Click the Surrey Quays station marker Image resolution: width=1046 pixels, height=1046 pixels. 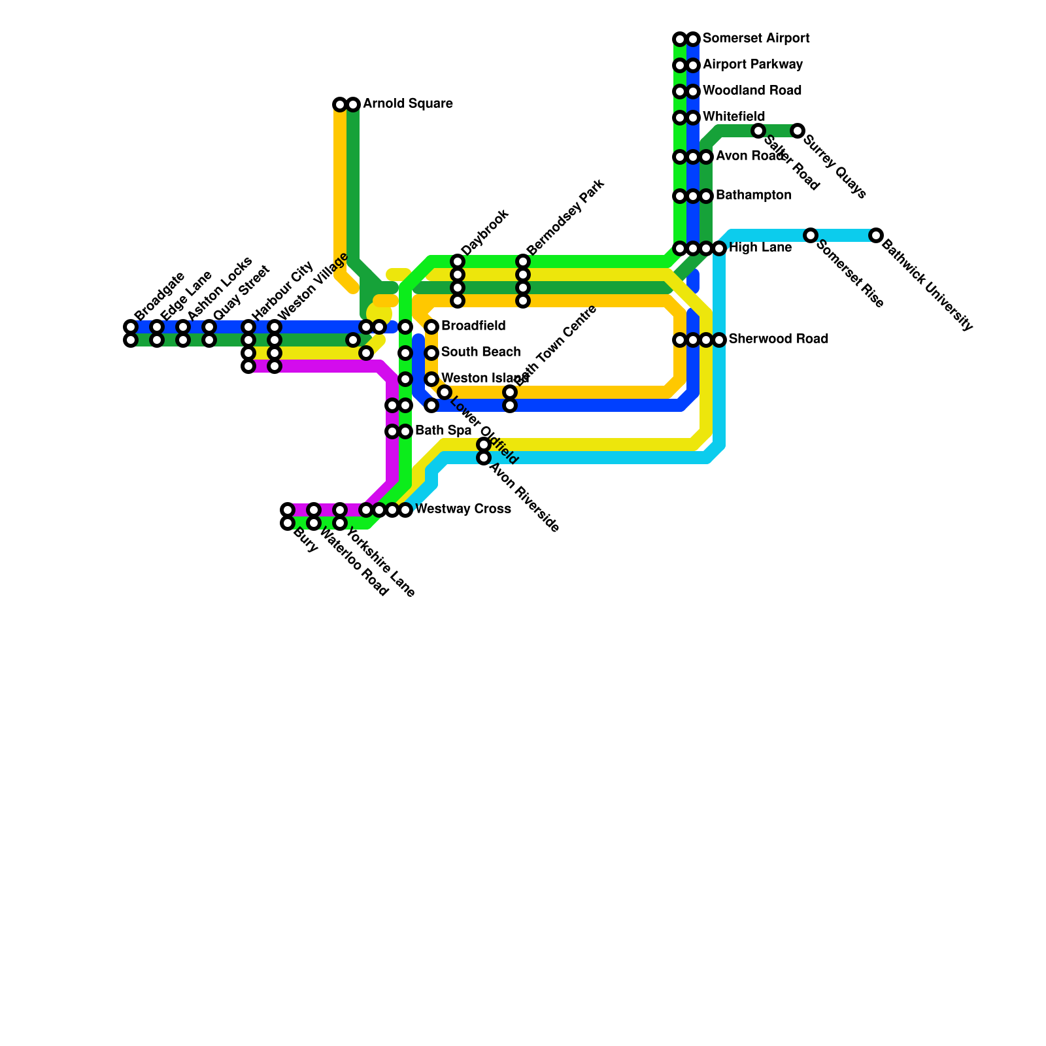point(797,131)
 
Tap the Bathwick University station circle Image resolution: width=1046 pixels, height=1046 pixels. point(876,235)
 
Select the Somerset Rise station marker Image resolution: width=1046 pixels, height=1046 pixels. point(811,235)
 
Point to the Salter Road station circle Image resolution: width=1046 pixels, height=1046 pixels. point(758,131)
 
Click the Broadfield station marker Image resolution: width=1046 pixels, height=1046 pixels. point(431,327)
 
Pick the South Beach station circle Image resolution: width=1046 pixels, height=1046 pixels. point(431,353)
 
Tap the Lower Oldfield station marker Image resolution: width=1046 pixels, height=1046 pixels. point(445,392)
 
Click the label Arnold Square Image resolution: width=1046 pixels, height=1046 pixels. point(407,104)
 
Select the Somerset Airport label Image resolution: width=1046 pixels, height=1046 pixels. point(756,39)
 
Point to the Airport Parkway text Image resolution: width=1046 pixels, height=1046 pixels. point(752,65)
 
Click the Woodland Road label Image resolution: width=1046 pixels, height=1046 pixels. point(752,91)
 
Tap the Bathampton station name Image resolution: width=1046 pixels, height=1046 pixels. point(753,195)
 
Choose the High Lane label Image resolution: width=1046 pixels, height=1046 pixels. point(760,248)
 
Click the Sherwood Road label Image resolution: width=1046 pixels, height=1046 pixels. point(778,339)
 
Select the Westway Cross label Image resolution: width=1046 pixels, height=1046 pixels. point(463,509)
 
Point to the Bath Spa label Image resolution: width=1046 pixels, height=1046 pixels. point(443,431)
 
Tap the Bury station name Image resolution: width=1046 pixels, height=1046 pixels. point(305,540)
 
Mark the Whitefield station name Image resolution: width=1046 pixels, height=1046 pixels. point(734,117)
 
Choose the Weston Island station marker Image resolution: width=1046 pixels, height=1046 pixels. point(431,379)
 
